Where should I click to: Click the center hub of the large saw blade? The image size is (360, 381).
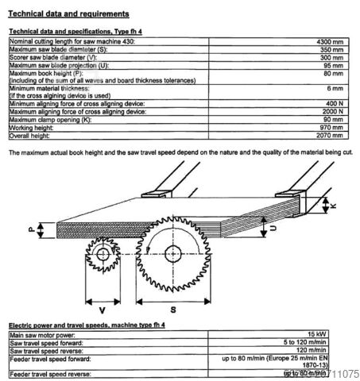point(172,252)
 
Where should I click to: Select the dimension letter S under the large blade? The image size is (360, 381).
point(172,308)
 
